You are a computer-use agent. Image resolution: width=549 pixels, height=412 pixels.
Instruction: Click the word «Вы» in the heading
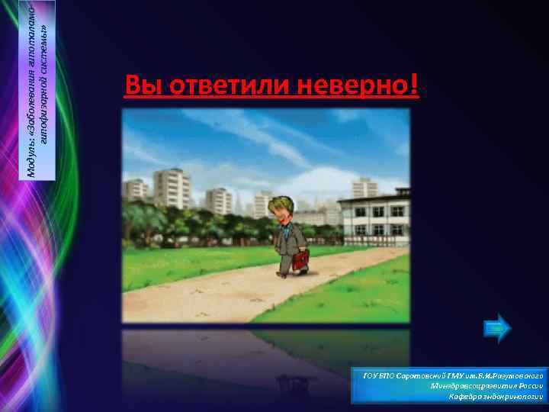pos(140,86)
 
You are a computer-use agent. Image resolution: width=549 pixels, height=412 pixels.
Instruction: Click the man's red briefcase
pos(300,261)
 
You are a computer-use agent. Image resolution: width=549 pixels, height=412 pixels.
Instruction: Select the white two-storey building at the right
pos(374,217)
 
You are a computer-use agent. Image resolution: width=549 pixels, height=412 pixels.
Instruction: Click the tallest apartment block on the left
pos(172,188)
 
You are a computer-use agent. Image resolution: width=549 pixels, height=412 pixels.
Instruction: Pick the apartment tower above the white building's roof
pos(364,187)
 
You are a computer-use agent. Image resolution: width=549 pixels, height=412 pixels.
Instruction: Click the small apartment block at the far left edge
pos(136,190)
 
